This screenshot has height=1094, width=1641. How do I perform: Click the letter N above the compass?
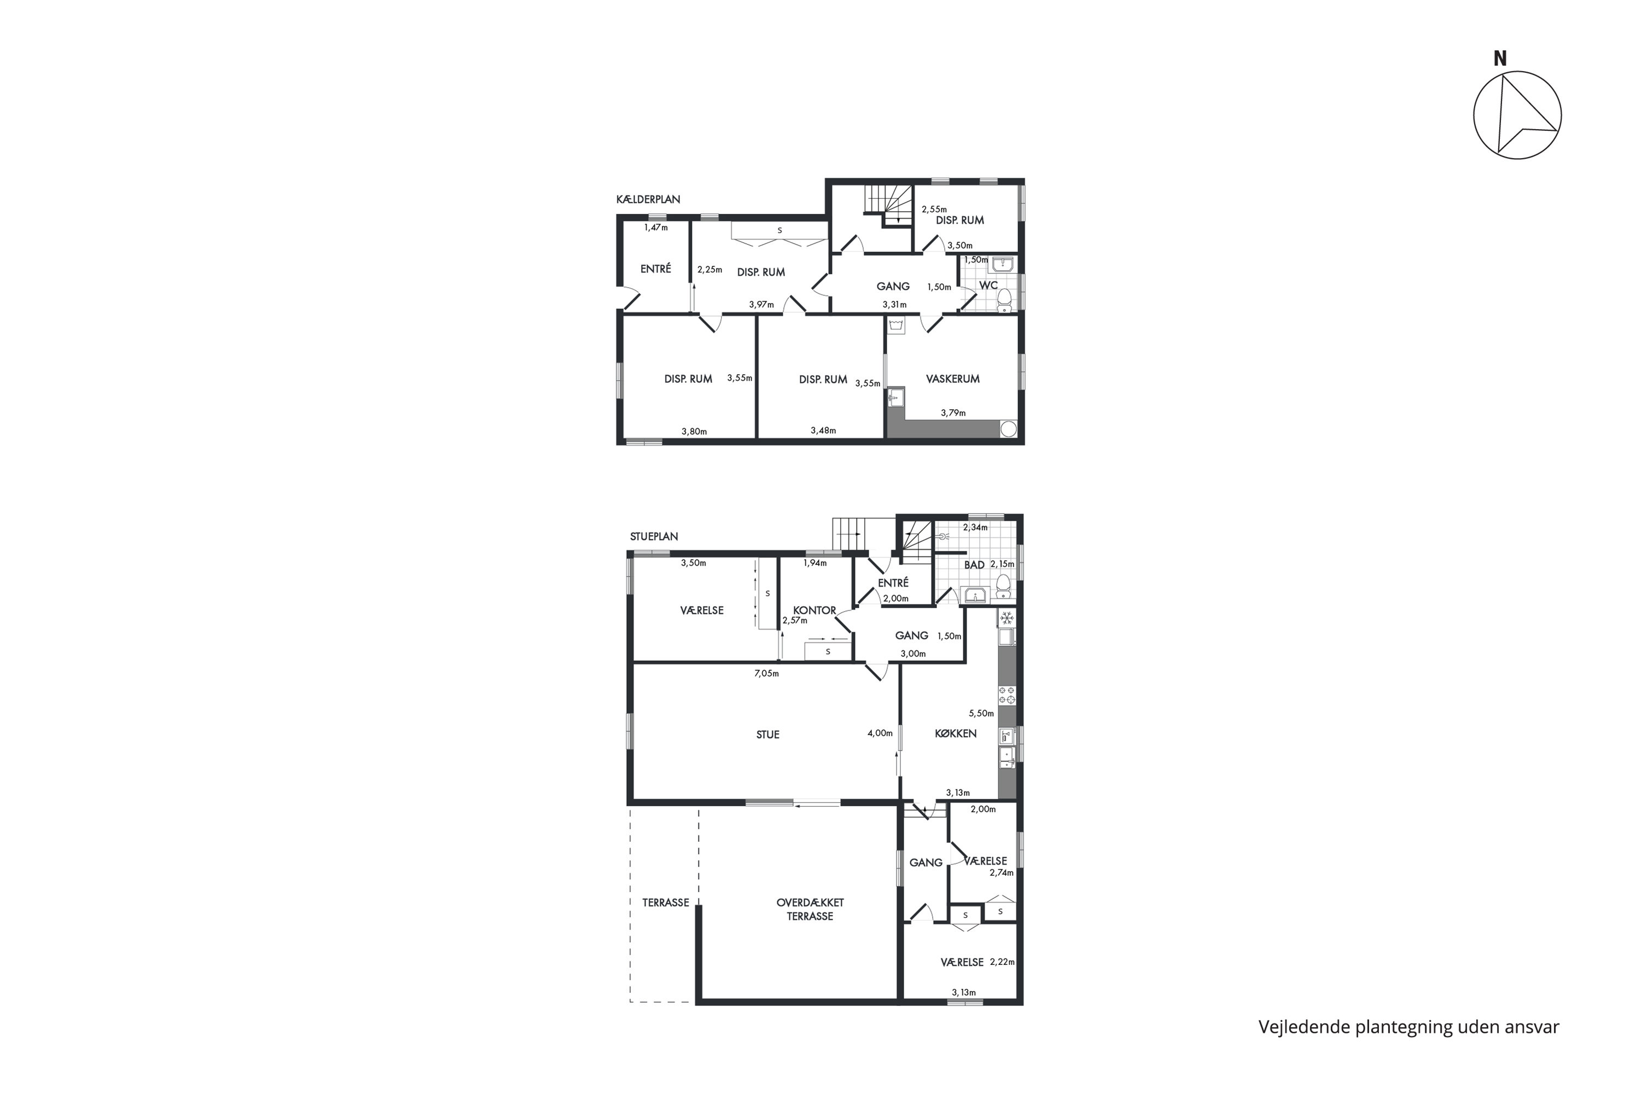[1499, 59]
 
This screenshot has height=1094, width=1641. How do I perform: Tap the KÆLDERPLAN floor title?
[648, 200]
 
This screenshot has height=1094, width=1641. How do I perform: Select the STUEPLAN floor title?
[654, 537]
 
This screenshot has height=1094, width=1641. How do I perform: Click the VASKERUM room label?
[952, 379]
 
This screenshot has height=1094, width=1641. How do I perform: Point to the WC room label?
[988, 286]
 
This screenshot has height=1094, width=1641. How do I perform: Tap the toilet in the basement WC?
[1004, 300]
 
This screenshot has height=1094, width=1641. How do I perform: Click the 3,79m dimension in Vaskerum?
[953, 413]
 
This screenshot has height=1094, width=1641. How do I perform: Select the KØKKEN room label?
[955, 734]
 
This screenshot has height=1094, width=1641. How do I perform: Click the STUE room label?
[767, 735]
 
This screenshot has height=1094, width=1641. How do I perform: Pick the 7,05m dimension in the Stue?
[766, 673]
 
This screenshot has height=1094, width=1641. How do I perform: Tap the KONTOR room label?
[814, 610]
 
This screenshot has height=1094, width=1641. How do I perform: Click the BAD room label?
[974, 565]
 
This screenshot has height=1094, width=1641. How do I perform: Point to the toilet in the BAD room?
[1003, 586]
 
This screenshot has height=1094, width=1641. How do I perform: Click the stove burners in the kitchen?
[1007, 695]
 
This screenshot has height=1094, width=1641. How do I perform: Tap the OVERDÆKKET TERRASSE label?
[810, 909]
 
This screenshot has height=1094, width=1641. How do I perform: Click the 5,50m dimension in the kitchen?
[981, 713]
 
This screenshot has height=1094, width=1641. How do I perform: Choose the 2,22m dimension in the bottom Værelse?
[1002, 962]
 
